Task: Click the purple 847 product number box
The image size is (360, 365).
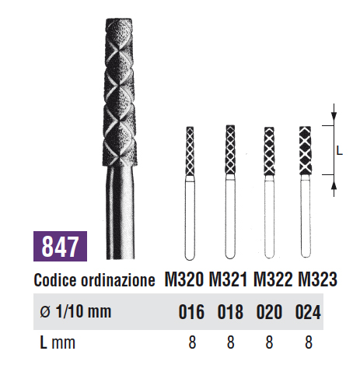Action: coord(60,246)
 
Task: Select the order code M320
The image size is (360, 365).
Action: coord(184,279)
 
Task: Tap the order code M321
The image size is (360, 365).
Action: coord(228,279)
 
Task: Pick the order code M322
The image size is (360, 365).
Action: coord(273,279)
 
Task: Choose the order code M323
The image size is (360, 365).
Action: coord(317,279)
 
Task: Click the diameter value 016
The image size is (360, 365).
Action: coord(191,311)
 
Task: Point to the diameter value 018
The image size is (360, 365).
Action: coord(230,311)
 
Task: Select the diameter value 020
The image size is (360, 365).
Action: coord(269,311)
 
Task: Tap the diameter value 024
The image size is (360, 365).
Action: coord(308,311)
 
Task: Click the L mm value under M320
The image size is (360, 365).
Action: coord(192,342)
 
